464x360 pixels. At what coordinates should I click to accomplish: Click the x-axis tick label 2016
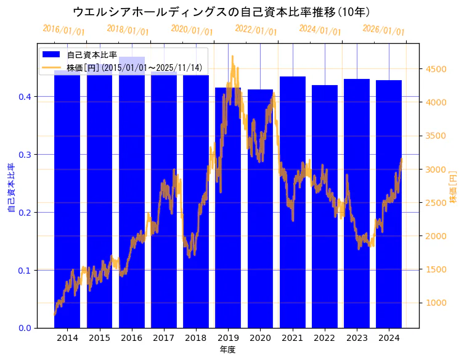coord(131,338)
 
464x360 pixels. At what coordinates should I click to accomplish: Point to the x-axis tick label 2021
coord(293,338)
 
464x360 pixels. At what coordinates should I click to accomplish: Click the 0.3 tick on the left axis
coord(24,154)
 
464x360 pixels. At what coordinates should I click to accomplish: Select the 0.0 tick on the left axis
coord(24,328)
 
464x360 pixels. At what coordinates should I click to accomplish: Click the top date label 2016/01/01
coord(63,30)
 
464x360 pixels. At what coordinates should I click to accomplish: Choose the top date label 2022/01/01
coord(256,30)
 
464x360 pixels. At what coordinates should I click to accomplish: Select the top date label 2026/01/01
coord(383,30)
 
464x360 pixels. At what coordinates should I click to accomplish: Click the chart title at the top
coord(221,12)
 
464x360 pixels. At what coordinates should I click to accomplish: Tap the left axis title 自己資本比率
coord(10,188)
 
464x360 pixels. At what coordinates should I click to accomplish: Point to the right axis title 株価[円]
coord(453,187)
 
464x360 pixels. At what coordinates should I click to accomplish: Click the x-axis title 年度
coord(227,350)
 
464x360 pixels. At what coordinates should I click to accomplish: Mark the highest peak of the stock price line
coord(232,57)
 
